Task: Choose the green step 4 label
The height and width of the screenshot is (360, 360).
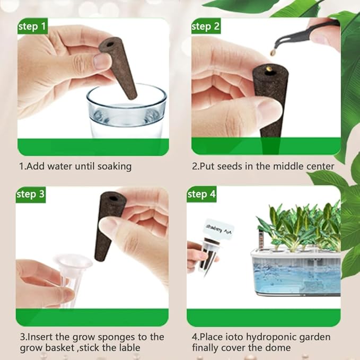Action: (201, 195)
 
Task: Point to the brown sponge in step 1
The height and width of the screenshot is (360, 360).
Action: (118, 66)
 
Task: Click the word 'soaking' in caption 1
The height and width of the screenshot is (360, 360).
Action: (112, 166)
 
